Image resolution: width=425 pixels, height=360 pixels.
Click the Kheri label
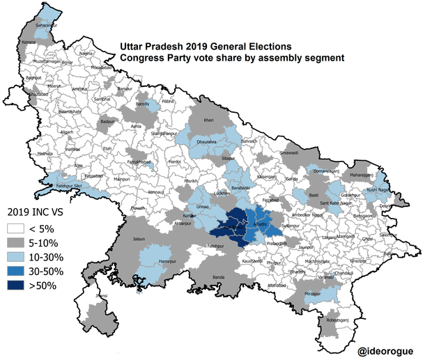click(209, 120)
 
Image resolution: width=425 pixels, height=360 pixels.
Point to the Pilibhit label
click(167, 102)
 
